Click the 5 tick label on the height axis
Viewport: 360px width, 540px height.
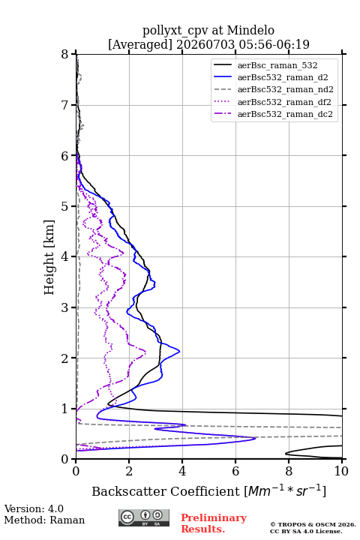[65, 206]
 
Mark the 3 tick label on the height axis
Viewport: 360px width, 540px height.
[65, 307]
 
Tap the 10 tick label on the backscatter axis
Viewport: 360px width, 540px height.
[341, 471]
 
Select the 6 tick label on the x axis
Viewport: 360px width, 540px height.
[235, 471]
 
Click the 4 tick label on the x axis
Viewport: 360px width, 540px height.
[182, 471]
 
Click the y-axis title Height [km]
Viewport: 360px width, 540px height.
[49, 257]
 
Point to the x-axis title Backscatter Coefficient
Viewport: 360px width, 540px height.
[166, 491]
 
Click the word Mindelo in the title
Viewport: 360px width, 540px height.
[250, 30]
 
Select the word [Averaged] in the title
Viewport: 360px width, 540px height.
[140, 44]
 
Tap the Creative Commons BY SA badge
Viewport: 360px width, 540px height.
[144, 518]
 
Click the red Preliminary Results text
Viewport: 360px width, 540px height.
[214, 523]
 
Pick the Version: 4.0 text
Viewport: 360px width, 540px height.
[34, 508]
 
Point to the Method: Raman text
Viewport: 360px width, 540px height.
[44, 520]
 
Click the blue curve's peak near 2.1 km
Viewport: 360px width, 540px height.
[179, 351]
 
